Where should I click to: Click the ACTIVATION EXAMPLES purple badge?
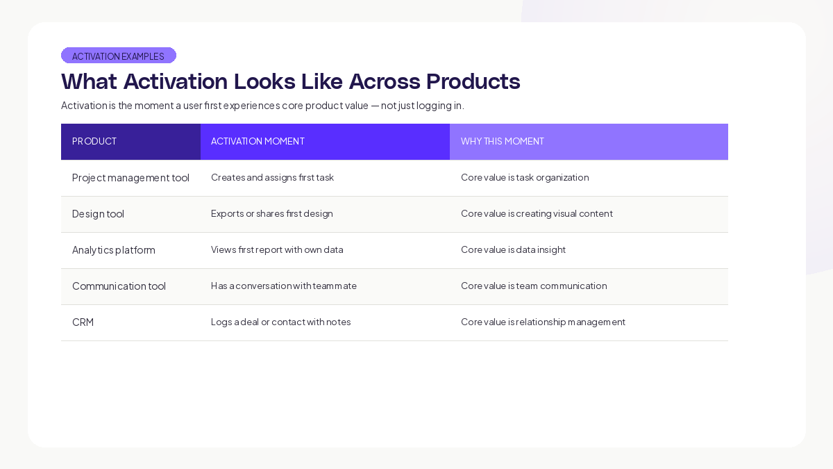click(119, 56)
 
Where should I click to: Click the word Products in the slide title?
click(473, 81)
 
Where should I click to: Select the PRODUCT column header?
click(94, 141)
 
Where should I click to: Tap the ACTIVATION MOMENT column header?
click(258, 141)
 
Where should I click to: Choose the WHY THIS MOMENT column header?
click(503, 141)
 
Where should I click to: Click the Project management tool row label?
click(131, 177)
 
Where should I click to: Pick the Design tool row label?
click(98, 213)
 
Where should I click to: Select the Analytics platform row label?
click(114, 249)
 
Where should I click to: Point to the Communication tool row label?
click(119, 286)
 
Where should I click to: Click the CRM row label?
click(83, 322)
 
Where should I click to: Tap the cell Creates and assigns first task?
click(272, 177)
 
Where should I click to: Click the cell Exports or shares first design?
click(272, 213)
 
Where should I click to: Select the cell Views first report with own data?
click(277, 249)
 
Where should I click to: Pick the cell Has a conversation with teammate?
click(284, 286)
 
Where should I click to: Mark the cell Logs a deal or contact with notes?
click(281, 322)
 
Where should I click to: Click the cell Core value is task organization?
click(525, 177)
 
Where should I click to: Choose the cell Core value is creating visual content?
click(537, 213)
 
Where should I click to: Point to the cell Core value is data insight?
click(513, 249)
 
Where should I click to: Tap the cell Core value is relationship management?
click(543, 322)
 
